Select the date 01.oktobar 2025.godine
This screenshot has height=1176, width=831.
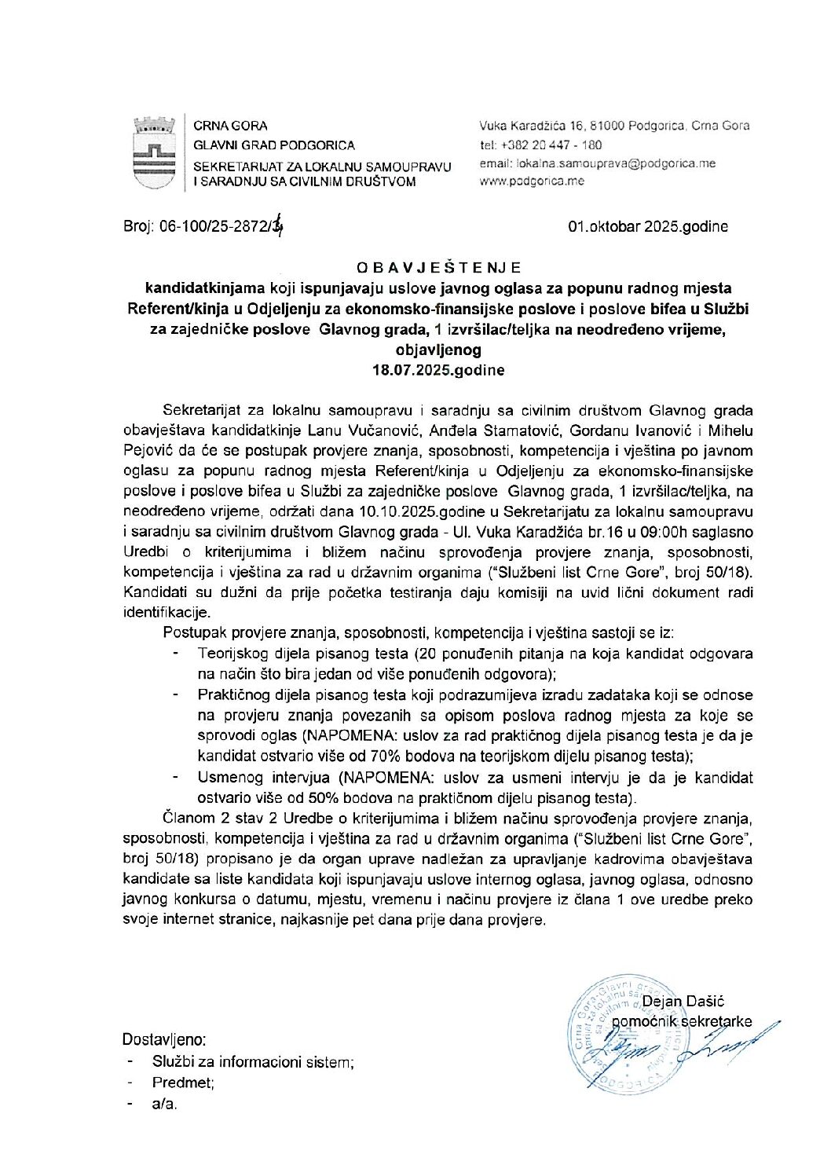pyautogui.click(x=648, y=227)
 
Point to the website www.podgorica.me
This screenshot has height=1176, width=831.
pyautogui.click(x=532, y=181)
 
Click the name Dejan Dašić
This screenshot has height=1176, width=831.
pyautogui.click(x=683, y=1002)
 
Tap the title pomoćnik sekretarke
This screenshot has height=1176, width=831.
pyautogui.click(x=682, y=1022)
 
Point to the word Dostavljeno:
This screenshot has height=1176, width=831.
pyautogui.click(x=164, y=1040)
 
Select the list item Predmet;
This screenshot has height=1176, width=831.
pyautogui.click(x=183, y=1083)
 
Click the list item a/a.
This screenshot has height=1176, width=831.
pyautogui.click(x=165, y=1104)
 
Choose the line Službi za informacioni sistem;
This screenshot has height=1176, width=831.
pyautogui.click(x=253, y=1062)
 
